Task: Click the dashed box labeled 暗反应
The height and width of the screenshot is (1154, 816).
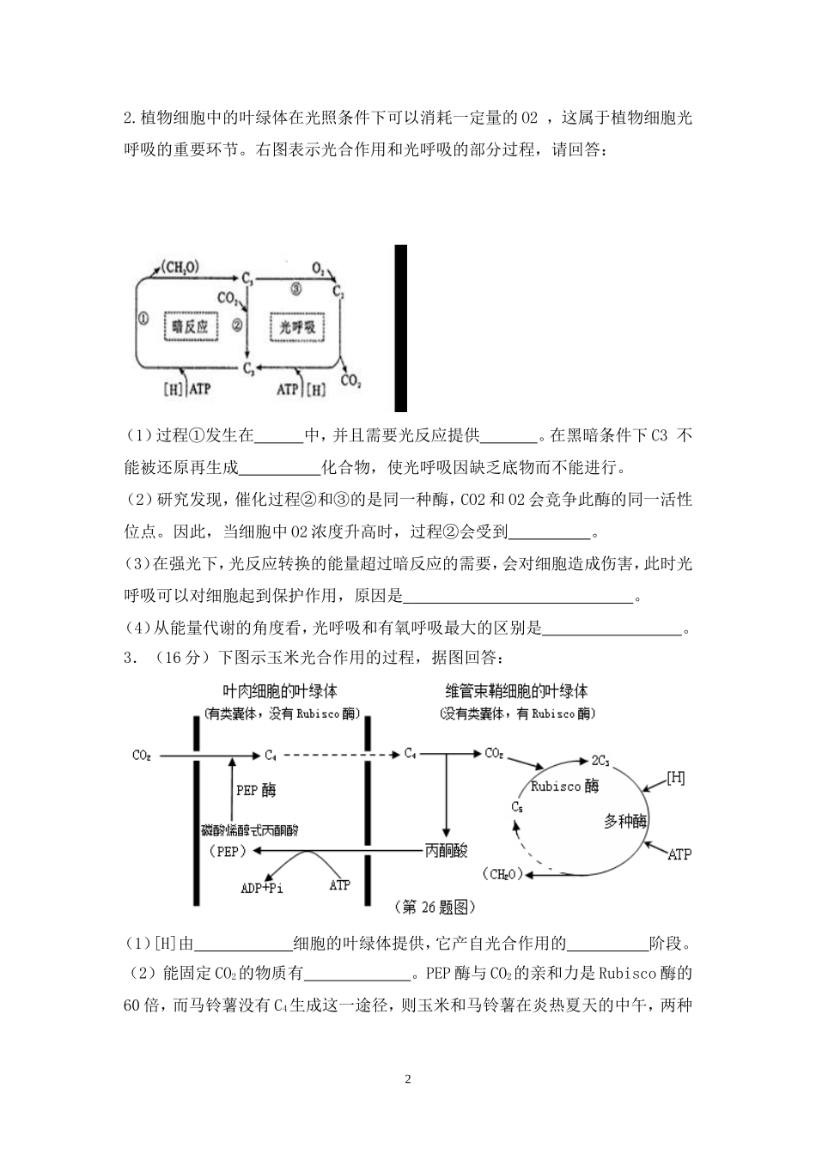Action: pyautogui.click(x=191, y=326)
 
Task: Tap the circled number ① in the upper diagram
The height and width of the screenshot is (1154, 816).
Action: pyautogui.click(x=143, y=317)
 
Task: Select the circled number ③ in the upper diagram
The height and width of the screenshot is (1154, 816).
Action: pyautogui.click(x=295, y=289)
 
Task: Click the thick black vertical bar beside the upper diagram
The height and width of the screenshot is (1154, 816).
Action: pyautogui.click(x=400, y=328)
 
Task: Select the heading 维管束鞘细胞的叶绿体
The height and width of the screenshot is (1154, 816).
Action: pyautogui.click(x=516, y=691)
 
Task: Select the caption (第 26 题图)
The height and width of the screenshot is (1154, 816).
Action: pyautogui.click(x=433, y=907)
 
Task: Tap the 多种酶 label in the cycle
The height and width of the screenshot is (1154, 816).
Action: pyautogui.click(x=625, y=822)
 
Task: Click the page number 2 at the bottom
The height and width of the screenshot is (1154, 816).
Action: pyautogui.click(x=408, y=1078)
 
